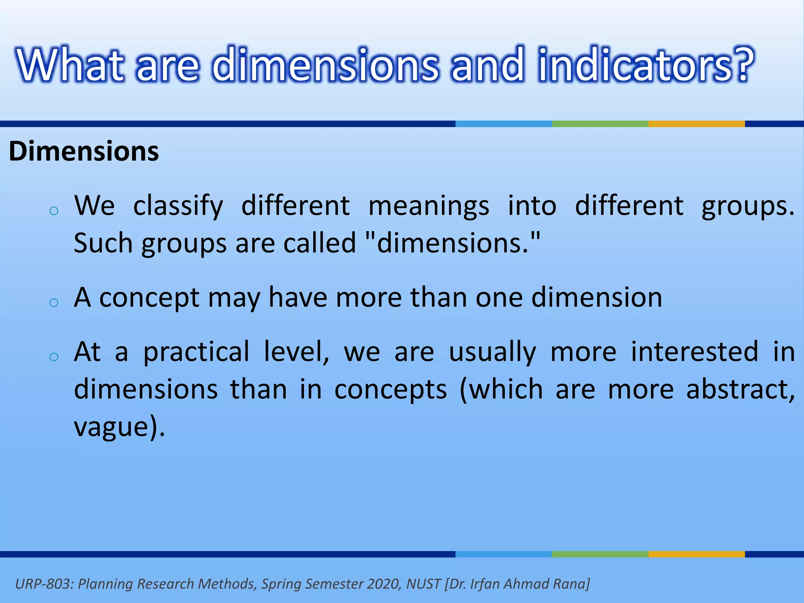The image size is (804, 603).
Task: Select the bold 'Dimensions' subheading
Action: (x=84, y=151)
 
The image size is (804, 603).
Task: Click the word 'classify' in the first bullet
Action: (x=178, y=206)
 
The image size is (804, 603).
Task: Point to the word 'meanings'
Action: (x=429, y=206)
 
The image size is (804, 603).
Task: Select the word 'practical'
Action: (x=196, y=351)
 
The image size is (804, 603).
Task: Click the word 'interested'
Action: (x=694, y=351)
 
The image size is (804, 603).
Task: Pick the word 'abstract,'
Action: (x=740, y=389)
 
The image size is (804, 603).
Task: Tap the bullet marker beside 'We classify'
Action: (x=54, y=211)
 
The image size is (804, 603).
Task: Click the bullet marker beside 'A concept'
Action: (x=54, y=303)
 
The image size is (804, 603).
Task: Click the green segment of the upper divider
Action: (x=600, y=124)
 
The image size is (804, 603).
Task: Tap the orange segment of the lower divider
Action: (x=696, y=554)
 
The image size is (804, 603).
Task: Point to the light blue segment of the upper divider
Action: (x=503, y=124)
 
